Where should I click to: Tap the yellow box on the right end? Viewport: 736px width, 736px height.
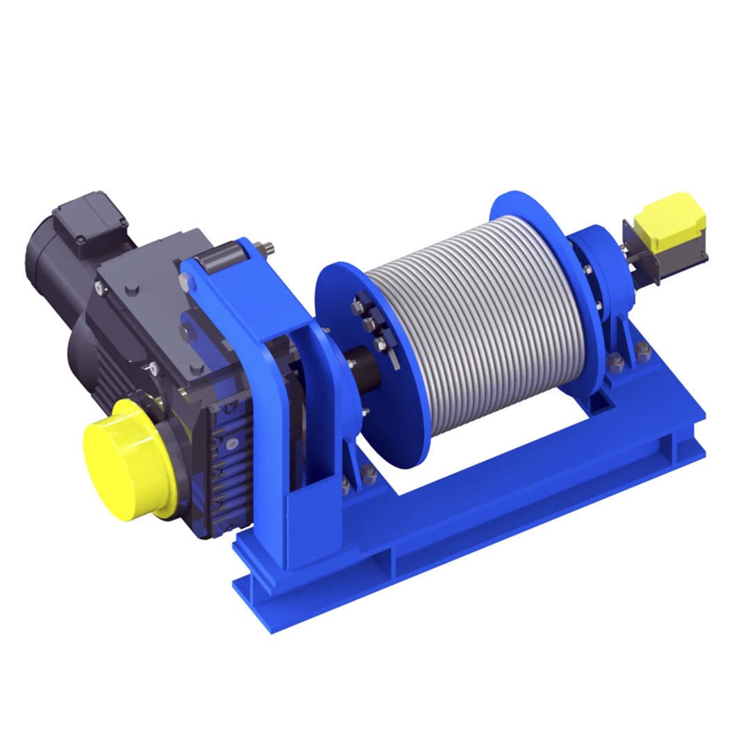[x=672, y=218]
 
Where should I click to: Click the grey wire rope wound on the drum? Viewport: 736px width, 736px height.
[x=479, y=319]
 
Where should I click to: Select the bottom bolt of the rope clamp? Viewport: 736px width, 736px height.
[x=380, y=344]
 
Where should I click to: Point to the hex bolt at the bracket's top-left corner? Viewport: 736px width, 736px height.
[x=185, y=281]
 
